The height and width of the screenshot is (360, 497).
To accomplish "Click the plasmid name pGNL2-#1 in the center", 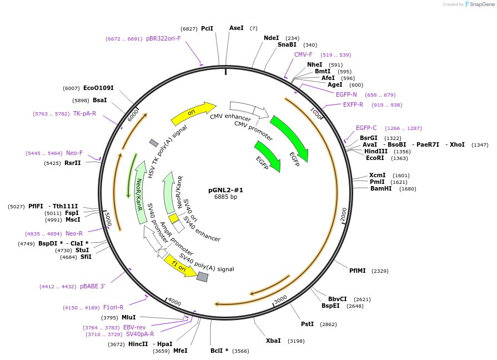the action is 225,190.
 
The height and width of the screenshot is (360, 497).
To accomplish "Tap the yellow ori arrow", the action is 193,113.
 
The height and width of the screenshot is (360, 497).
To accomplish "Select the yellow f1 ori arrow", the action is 180,266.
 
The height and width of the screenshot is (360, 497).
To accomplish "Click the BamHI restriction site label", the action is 381,188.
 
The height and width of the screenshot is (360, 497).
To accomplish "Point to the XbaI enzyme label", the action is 273,341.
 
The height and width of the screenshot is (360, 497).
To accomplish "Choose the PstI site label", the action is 308,324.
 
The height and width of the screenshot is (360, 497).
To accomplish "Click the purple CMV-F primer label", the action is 303,54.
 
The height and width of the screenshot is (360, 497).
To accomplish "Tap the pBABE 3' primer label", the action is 93,286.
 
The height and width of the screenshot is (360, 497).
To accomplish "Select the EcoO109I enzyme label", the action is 98,88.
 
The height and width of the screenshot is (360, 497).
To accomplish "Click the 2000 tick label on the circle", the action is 344,215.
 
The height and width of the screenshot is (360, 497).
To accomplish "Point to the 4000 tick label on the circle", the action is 174,301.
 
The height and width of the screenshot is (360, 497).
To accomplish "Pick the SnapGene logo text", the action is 482,4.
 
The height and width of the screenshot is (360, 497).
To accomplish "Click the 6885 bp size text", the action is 225,197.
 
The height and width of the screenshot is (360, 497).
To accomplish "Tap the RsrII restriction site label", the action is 73,163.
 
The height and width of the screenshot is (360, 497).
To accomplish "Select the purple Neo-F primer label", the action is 74,153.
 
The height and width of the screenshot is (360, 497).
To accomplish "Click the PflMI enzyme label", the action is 358,271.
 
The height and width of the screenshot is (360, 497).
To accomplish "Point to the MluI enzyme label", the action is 129,317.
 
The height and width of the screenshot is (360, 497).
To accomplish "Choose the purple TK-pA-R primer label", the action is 84,113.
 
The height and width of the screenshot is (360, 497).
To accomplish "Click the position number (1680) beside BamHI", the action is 408,189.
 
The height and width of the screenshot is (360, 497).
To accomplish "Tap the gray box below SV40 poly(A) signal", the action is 203,277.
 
